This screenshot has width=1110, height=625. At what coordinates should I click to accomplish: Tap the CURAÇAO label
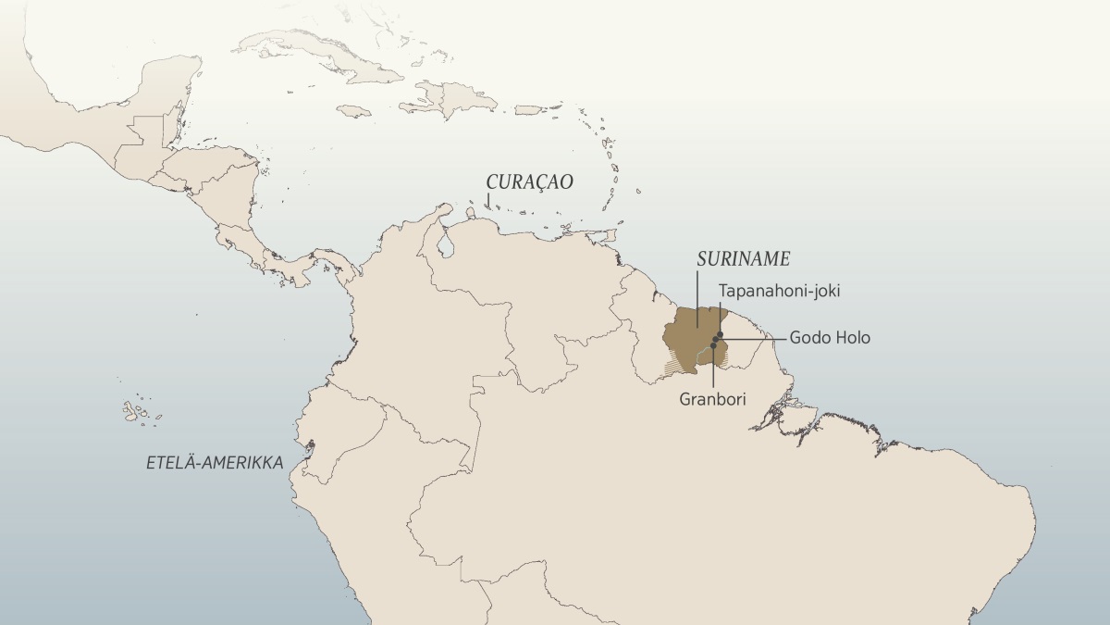[x=530, y=181]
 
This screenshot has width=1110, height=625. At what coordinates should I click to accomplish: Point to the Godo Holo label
[x=829, y=338]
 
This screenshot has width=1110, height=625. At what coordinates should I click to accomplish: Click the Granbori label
[x=712, y=399]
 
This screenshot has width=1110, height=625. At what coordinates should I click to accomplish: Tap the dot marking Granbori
[x=713, y=345]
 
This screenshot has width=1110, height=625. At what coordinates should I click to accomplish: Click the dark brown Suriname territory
[x=692, y=338]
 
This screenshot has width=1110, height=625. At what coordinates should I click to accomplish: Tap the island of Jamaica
[x=353, y=110]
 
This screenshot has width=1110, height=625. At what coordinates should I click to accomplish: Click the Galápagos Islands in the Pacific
[x=136, y=410]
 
